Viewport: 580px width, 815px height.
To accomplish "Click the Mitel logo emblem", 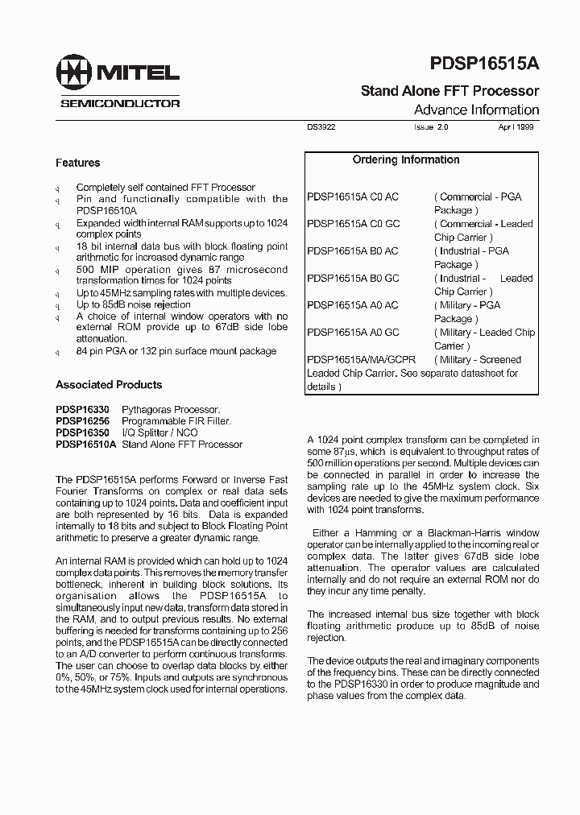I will [74, 74].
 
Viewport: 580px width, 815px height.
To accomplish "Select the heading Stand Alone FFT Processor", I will [449, 91].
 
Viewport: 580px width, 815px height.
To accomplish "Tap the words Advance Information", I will [476, 110].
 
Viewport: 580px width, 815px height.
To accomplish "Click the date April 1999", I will [516, 127].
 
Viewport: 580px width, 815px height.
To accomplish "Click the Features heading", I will [77, 163].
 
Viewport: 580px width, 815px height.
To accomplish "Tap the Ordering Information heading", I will [406, 159].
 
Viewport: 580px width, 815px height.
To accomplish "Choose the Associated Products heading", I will [109, 385].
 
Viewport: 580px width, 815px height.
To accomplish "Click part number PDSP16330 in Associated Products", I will [83, 410].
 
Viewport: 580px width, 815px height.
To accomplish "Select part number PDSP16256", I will [83, 421].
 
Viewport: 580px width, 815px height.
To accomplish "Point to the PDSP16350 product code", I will [83, 432].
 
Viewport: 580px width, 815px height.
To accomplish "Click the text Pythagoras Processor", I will [171, 410].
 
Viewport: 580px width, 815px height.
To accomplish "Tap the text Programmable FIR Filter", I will [176, 421].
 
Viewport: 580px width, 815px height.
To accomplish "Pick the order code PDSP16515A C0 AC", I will [353, 197].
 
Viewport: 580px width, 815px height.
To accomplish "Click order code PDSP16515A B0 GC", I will [353, 278].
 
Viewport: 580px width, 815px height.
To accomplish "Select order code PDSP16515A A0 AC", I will [353, 305].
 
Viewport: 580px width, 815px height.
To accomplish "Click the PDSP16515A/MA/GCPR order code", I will [362, 360].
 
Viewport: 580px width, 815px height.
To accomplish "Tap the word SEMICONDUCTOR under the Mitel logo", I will [120, 104].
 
